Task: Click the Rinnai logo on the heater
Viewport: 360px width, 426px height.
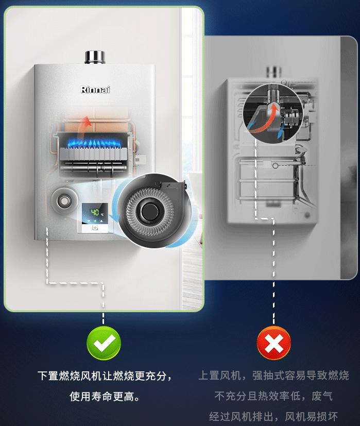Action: click(96, 90)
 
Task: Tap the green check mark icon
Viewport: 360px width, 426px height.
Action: click(104, 343)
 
